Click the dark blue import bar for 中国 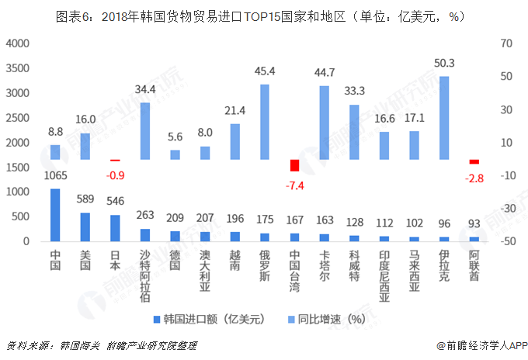point(55,215)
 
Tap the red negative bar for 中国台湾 point(294,165)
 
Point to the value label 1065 point(55,175)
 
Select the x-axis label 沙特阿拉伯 point(145,275)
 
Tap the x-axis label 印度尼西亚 point(384,275)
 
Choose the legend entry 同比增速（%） point(330,319)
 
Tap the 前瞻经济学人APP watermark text point(481,345)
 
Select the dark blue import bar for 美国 point(85,227)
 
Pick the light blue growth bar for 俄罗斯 point(265,122)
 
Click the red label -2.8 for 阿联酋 point(474,178)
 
